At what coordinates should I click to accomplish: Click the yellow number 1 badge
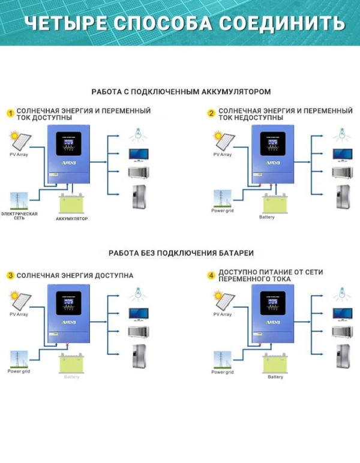coord(10,113)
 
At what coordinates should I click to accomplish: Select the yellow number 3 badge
coord(10,276)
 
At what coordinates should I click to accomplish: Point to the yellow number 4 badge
coord(211,276)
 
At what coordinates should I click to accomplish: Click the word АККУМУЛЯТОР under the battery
coord(73,219)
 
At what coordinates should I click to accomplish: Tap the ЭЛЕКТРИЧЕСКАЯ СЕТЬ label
coord(19,215)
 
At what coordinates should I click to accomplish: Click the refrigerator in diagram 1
coord(139,197)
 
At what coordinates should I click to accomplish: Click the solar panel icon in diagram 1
coord(19,142)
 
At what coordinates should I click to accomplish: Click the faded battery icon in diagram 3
coord(71,363)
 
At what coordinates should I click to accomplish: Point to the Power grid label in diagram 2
coord(222,211)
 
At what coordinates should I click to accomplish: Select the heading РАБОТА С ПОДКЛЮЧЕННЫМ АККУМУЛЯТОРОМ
coord(181,92)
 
